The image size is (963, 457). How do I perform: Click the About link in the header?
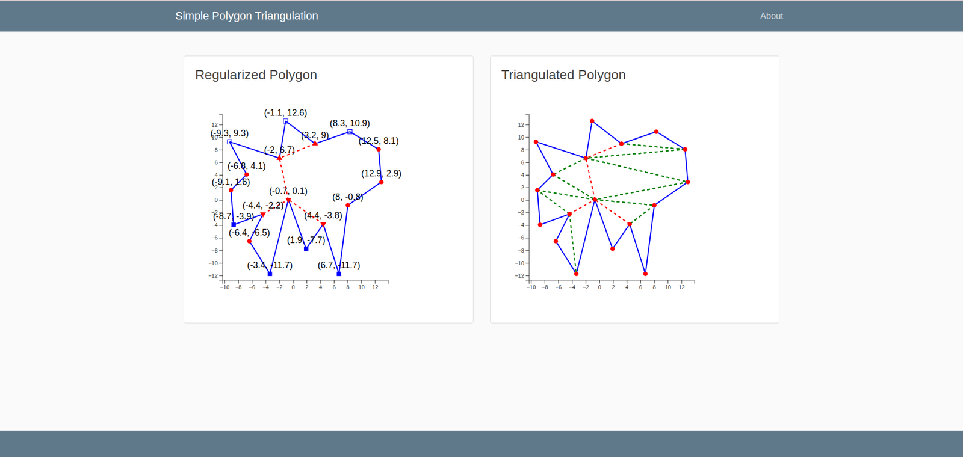[771, 16]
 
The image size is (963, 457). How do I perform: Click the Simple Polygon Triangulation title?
[247, 16]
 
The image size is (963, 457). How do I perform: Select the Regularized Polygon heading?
[256, 75]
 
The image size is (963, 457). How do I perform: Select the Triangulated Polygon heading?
[563, 75]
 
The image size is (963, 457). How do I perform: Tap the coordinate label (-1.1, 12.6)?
[285, 113]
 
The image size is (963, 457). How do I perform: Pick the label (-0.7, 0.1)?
[288, 191]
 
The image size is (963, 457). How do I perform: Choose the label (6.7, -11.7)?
[339, 265]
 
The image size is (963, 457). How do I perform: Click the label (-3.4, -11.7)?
[270, 265]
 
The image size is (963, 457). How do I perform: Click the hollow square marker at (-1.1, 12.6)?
[286, 121]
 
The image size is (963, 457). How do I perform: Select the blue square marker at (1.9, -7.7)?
[306, 248]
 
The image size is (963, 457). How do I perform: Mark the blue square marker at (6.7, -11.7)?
[339, 274]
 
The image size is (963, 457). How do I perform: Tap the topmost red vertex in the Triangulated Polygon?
[592, 121]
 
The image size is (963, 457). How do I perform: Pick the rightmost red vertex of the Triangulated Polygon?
[687, 182]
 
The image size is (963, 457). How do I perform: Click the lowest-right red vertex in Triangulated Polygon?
[645, 274]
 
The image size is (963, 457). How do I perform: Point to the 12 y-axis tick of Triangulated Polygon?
[521, 125]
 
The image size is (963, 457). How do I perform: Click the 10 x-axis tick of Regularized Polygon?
[361, 287]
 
